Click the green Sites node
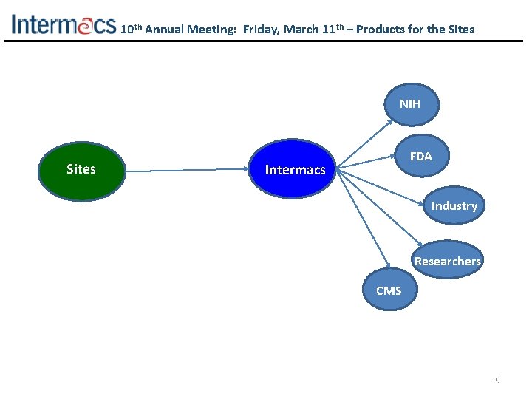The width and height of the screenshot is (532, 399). click(81, 170)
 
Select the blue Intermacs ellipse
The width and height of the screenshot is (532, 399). click(295, 170)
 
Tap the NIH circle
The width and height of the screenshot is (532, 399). click(409, 105)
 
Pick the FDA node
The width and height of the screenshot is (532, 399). click(420, 157)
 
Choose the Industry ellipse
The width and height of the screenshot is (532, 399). click(454, 206)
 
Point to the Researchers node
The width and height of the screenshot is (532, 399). click(447, 261)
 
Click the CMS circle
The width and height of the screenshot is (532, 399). click(389, 291)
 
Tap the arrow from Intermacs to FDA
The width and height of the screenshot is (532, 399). click(369, 160)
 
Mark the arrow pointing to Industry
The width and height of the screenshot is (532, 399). click(384, 188)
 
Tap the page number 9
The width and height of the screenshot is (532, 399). click(497, 381)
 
